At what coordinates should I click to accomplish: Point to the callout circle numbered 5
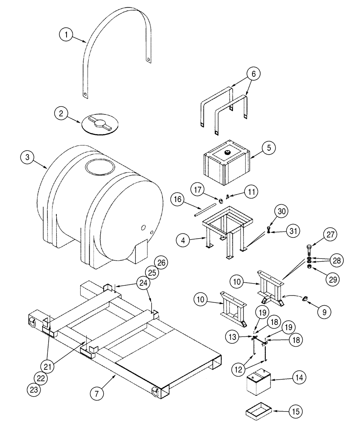click(x=269, y=148)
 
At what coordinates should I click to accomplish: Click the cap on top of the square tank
click(x=227, y=152)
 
